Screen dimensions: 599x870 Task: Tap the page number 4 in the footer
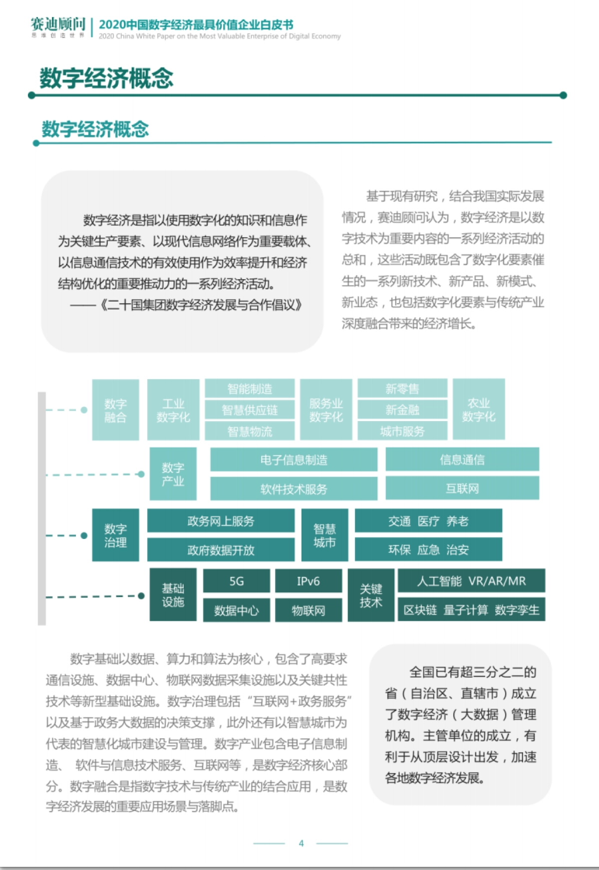301,843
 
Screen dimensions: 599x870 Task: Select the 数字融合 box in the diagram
115,410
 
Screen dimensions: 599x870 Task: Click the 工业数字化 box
173,410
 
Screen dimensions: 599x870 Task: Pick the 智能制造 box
250,389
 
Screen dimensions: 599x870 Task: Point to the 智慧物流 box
250,431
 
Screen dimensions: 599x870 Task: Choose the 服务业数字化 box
326,410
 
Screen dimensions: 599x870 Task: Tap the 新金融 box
402,410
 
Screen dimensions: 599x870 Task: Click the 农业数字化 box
479,410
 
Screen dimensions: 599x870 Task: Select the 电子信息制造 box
294,459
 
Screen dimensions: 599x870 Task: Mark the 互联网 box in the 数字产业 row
462,488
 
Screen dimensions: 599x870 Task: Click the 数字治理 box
115,535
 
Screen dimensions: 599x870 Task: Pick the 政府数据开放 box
221,550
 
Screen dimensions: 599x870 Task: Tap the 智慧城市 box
324,535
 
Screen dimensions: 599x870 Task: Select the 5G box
237,581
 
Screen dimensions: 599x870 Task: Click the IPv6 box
308,581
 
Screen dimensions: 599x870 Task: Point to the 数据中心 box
237,610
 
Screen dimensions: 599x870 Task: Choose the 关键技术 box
371,595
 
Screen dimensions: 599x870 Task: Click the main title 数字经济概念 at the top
106,78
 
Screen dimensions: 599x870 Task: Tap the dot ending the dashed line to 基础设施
141,596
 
